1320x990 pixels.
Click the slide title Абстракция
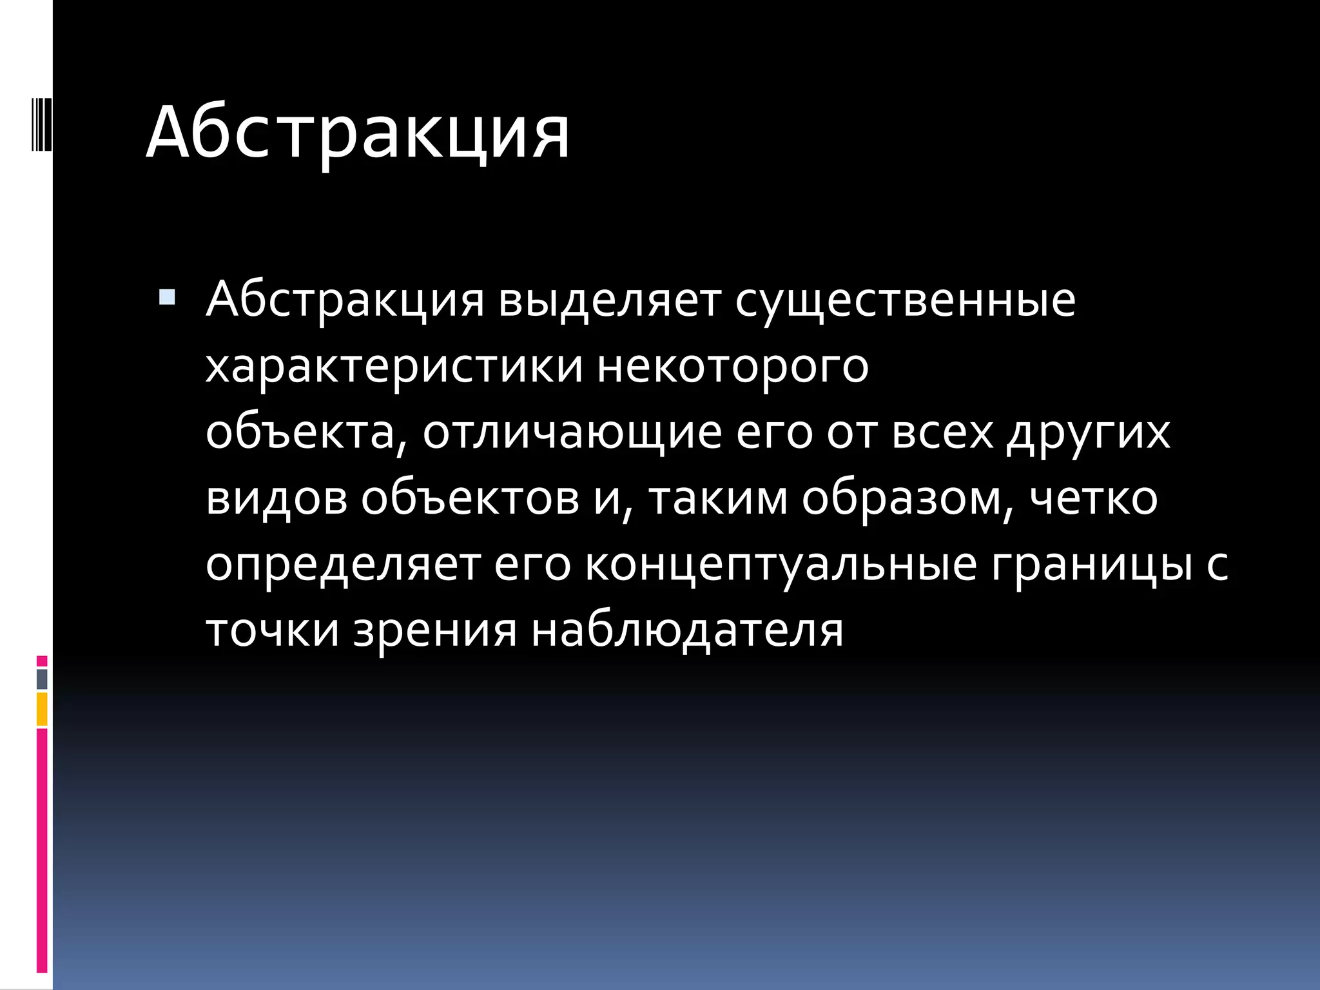pos(358,133)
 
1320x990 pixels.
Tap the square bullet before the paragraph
pos(166,297)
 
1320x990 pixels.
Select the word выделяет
pos(609,300)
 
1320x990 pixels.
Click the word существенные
pos(906,300)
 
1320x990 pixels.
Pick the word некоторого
pos(733,367)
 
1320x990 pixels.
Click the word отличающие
pos(572,432)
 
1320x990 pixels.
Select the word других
pos(1089,432)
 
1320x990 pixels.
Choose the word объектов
pos(470,498)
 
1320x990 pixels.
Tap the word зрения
pos(435,630)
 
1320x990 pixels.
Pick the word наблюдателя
pos(687,630)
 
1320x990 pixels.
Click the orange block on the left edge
pos(42,709)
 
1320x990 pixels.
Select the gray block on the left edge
pos(42,679)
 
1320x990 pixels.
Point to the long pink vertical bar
pos(42,851)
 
